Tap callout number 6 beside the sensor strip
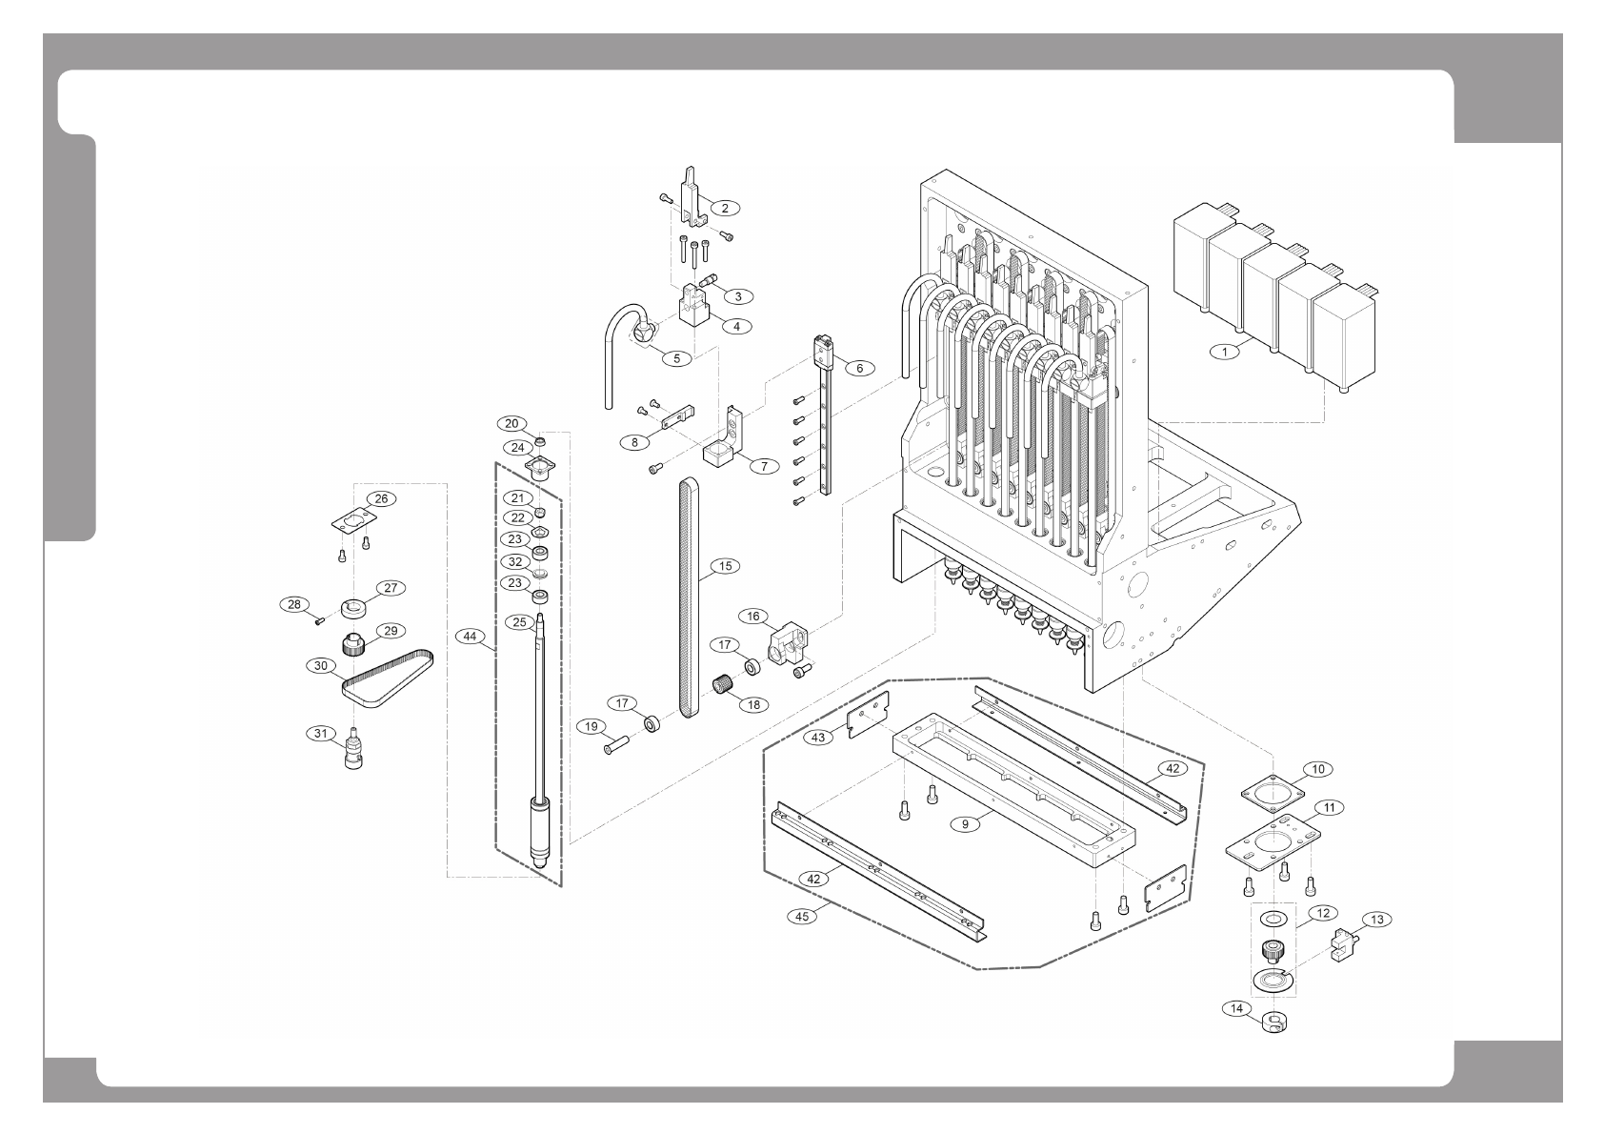[x=859, y=368]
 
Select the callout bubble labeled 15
[x=725, y=566]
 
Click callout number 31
[x=321, y=733]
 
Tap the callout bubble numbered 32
[x=515, y=562]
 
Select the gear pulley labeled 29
[x=354, y=645]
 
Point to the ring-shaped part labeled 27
[x=355, y=607]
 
